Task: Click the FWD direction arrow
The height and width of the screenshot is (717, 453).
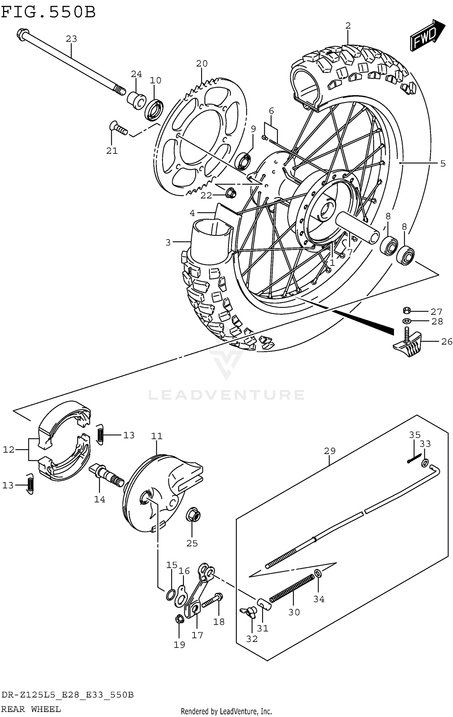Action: tap(427, 35)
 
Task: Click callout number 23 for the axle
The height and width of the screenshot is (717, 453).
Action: tap(72, 39)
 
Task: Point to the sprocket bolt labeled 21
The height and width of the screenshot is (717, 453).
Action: tap(118, 128)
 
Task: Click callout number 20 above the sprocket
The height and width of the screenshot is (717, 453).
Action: tap(202, 63)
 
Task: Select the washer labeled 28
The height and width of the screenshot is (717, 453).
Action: tap(407, 321)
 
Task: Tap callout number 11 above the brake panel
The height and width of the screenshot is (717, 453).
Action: tap(157, 436)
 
